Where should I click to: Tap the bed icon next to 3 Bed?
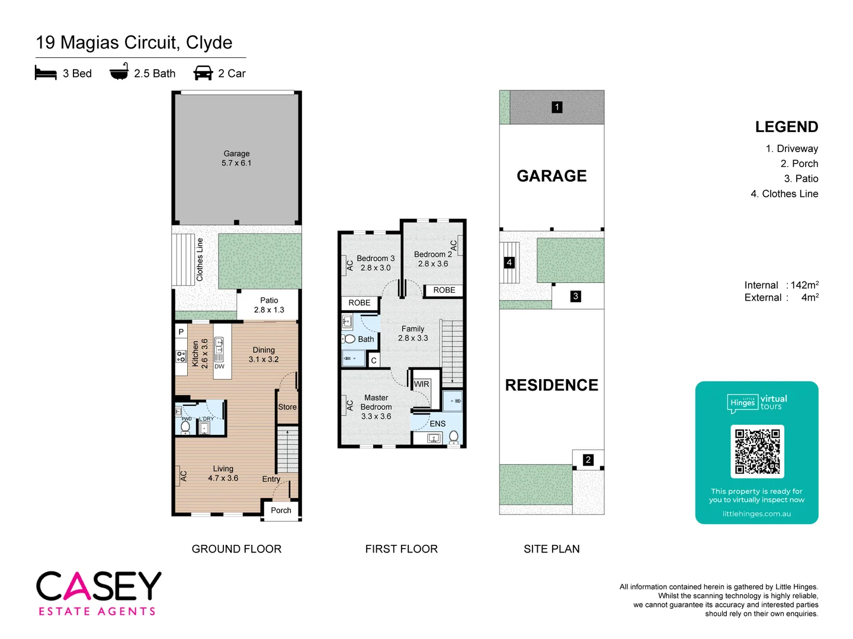click(46, 73)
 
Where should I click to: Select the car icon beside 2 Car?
click(203, 73)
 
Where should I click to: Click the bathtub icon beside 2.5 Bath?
click(119, 73)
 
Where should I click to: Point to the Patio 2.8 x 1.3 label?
click(269, 305)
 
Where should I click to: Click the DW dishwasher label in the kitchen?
click(219, 366)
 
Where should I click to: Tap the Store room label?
click(287, 407)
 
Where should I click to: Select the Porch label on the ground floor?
click(281, 510)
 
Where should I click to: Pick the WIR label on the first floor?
click(421, 384)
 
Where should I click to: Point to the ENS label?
click(437, 424)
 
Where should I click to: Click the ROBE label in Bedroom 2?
click(444, 290)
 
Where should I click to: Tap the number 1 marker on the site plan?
click(557, 107)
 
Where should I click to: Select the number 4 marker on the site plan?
click(509, 262)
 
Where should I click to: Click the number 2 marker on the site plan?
click(588, 459)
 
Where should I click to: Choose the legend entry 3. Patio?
click(801, 179)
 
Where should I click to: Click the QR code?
click(757, 451)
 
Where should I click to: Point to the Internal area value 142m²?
click(804, 285)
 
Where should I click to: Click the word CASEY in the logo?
click(99, 586)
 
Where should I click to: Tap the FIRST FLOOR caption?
click(401, 549)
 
